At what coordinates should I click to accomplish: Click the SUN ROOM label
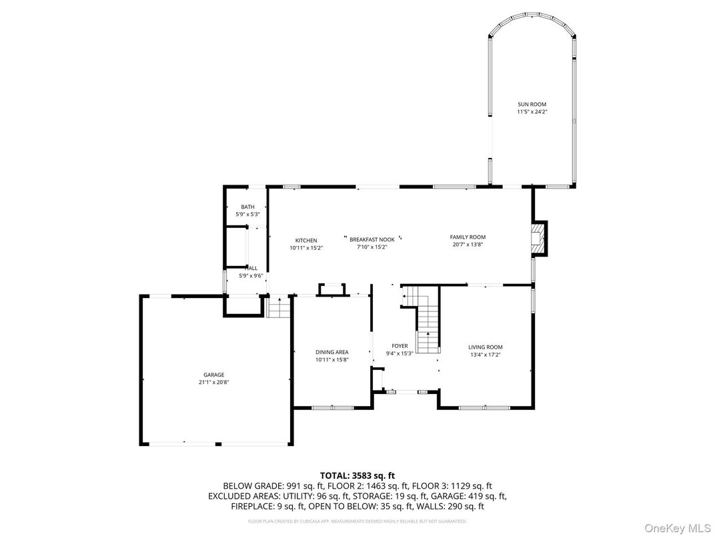coord(532,104)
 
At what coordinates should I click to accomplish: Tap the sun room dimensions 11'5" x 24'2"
coord(532,111)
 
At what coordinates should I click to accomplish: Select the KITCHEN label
coord(306,240)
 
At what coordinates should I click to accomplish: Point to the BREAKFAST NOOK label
coord(372,239)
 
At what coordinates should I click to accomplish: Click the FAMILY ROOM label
coord(467,237)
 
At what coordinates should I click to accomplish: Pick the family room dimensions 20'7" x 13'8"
coord(467,244)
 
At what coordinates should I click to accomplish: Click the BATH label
coord(247,207)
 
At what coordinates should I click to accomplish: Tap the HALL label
coord(251,268)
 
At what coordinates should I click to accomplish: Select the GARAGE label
coord(214,375)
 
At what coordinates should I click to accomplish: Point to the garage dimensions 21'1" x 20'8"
coord(214,382)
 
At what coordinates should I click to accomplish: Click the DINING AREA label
coord(331,352)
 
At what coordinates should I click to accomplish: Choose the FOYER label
coord(400,345)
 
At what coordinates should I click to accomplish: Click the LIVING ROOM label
coord(485,347)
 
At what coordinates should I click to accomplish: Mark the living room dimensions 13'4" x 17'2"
coord(485,354)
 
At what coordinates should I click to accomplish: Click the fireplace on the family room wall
coord(538,239)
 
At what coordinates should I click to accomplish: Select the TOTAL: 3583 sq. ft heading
coord(357,475)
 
